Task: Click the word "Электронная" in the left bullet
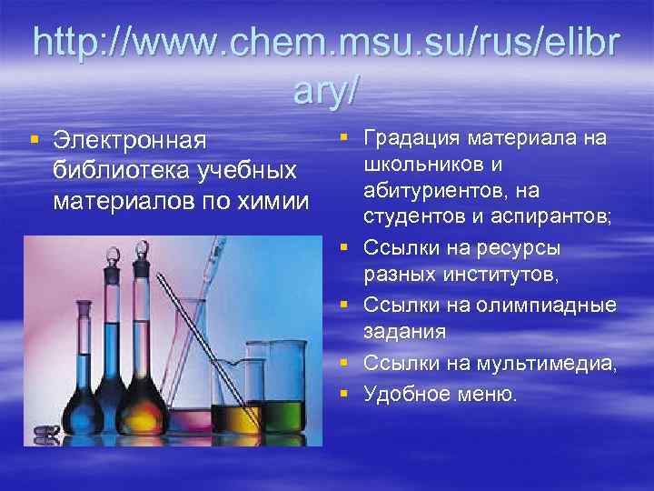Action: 129,142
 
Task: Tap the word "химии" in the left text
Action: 272,199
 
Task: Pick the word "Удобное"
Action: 405,394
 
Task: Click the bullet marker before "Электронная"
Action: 34,140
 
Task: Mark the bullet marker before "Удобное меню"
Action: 346,393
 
